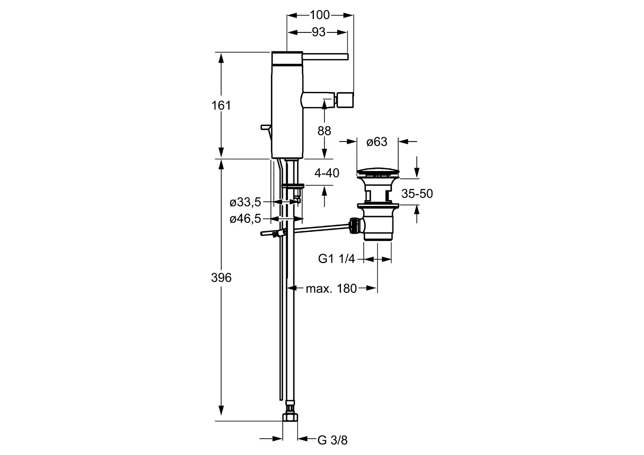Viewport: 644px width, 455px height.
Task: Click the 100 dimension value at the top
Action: pos(320,15)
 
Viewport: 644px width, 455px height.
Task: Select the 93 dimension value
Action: pos(319,32)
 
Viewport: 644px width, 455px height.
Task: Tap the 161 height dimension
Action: pos(221,105)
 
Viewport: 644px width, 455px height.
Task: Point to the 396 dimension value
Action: pos(221,277)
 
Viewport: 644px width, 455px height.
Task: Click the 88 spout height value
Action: pos(324,131)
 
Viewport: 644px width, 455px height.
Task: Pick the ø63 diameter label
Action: pos(377,142)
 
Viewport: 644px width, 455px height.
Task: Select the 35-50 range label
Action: pos(417,194)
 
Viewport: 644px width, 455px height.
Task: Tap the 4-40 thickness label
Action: pos(327,173)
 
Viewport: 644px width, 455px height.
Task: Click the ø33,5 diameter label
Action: pos(245,202)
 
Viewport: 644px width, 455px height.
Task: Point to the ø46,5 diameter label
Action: pos(245,219)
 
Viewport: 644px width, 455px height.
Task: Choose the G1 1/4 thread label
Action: pos(337,259)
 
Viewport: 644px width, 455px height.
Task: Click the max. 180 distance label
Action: pos(331,288)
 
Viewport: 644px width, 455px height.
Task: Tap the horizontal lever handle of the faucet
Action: pos(325,56)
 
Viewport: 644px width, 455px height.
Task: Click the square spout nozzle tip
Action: pos(345,100)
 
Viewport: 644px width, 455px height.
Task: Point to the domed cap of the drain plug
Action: pos(378,172)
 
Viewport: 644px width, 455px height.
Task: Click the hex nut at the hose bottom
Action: pos(290,417)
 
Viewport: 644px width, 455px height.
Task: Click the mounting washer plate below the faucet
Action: pos(293,186)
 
